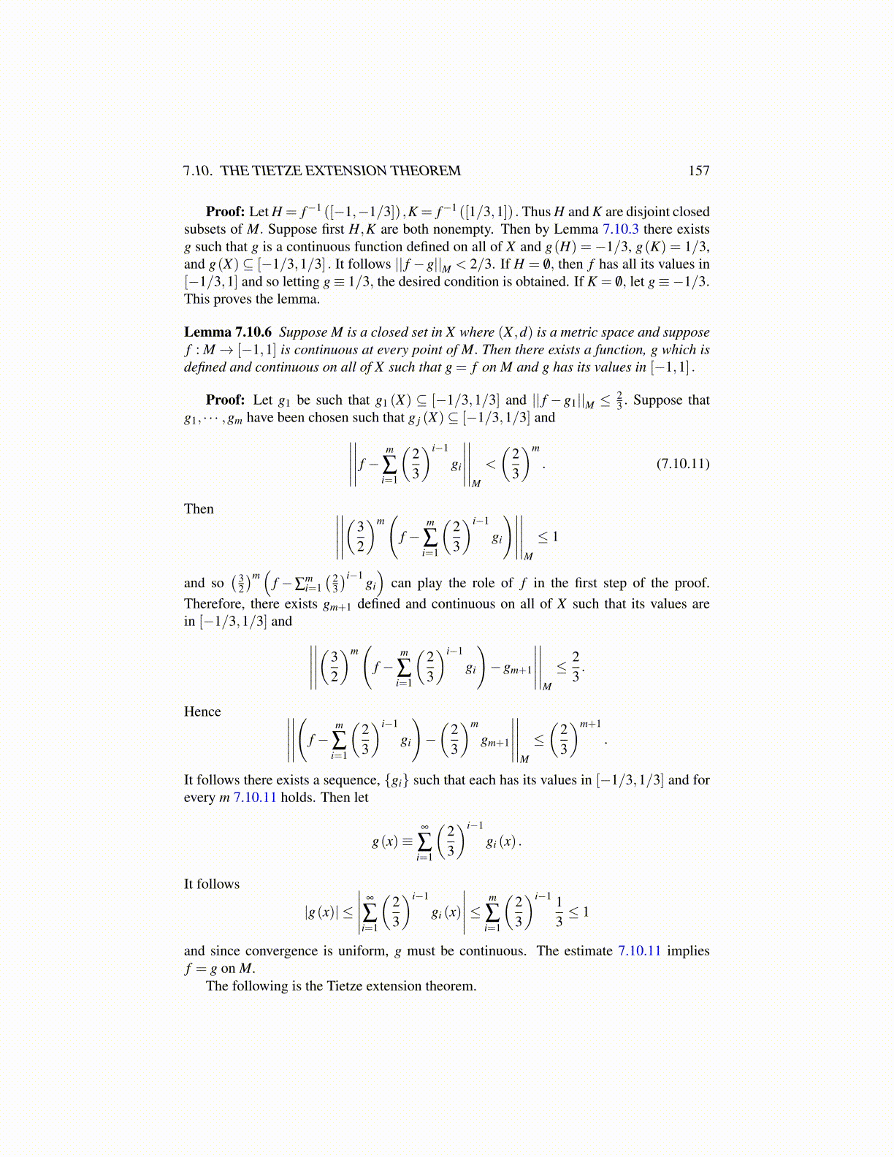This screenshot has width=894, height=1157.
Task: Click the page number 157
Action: click(x=698, y=171)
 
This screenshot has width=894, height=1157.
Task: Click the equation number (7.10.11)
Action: click(x=682, y=464)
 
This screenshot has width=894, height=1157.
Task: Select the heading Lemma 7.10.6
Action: click(x=227, y=332)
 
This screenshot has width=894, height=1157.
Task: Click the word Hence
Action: click(x=202, y=712)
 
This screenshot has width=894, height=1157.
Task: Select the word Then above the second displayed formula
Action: click(x=199, y=509)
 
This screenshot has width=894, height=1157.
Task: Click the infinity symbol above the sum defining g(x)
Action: click(x=424, y=826)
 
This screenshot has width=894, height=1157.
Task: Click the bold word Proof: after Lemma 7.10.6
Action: click(x=225, y=400)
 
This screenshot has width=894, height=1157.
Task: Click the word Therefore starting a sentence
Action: click(x=214, y=604)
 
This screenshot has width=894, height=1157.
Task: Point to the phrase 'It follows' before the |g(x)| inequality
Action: click(x=212, y=885)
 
